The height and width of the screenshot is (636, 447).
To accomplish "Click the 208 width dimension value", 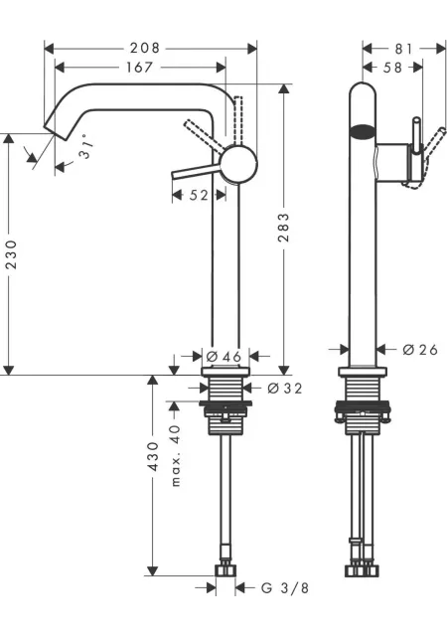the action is [x=145, y=49].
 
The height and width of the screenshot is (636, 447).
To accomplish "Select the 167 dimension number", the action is [x=139, y=67].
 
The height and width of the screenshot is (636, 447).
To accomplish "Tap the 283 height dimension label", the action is [x=283, y=228].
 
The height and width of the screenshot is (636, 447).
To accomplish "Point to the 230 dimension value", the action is [x=11, y=254].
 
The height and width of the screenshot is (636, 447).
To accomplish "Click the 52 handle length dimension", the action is [x=199, y=195].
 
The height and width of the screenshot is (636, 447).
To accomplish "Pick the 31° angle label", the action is [x=85, y=147].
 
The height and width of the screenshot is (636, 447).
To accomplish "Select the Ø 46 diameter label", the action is [x=223, y=357].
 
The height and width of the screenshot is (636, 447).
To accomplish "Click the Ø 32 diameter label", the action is [x=285, y=389].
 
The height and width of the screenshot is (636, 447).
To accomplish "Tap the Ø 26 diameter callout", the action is [x=420, y=349].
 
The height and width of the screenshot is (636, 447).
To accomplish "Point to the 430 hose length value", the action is [x=153, y=456].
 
